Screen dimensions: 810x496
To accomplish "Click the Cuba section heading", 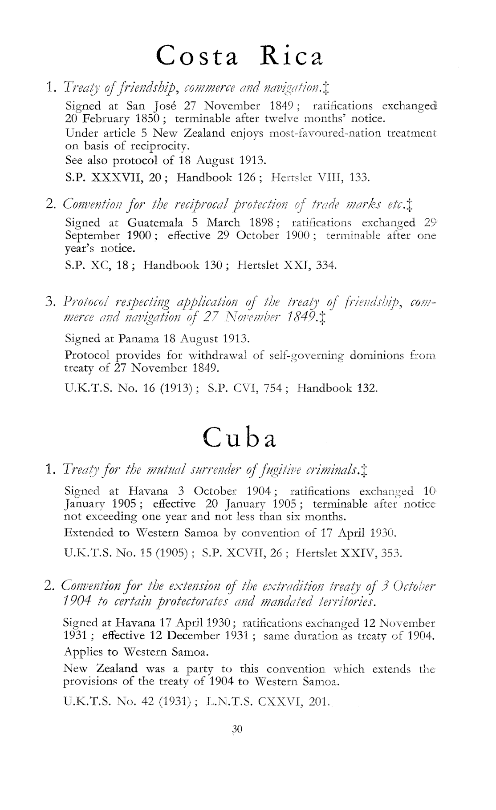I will [240, 437].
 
